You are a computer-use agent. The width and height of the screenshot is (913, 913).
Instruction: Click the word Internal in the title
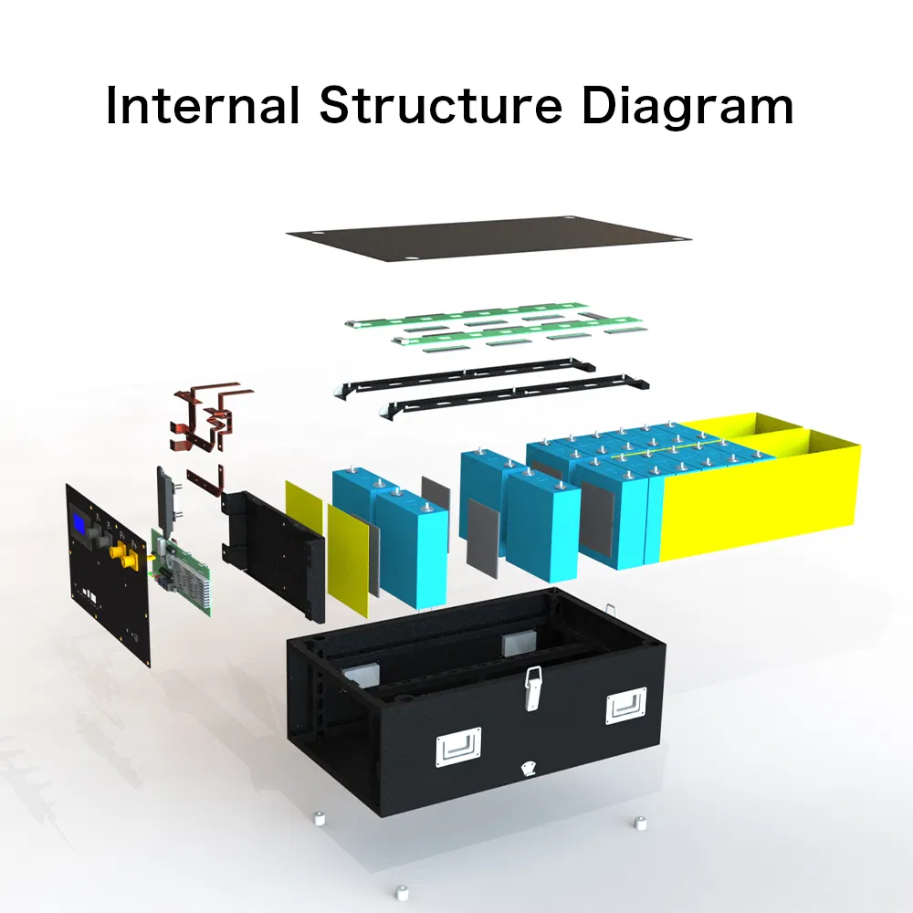pyautogui.click(x=203, y=105)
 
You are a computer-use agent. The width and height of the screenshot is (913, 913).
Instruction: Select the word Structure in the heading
pyautogui.click(x=441, y=105)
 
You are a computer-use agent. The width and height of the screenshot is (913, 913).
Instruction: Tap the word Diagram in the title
pyautogui.click(x=687, y=107)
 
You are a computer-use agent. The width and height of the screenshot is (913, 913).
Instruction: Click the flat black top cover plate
pyautogui.click(x=489, y=237)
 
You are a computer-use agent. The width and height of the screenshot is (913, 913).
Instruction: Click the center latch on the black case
pyautogui.click(x=531, y=687)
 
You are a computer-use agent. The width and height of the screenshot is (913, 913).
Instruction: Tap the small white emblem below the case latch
pyautogui.click(x=530, y=768)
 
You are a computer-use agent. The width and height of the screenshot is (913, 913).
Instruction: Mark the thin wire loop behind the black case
pyautogui.click(x=610, y=609)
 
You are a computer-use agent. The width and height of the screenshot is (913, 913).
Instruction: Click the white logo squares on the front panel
pyautogui.click(x=89, y=595)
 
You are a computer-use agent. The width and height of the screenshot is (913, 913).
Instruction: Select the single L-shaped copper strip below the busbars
pyautogui.click(x=205, y=481)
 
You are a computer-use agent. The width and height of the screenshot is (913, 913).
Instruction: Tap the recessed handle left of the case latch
pyautogui.click(x=459, y=747)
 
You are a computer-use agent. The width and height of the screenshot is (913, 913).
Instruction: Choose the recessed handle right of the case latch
pyautogui.click(x=626, y=706)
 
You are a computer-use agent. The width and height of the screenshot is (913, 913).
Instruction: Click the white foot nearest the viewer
pyautogui.click(x=401, y=893)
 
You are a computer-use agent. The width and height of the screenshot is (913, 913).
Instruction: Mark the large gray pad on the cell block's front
pyautogui.click(x=597, y=519)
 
